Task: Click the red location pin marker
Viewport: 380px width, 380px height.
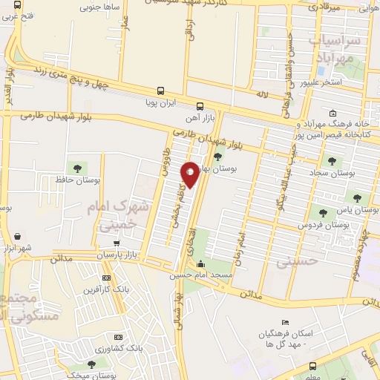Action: click(x=190, y=174)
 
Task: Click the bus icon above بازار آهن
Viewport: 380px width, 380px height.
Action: click(x=200, y=105)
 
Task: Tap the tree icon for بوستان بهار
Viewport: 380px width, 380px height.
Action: click(x=217, y=156)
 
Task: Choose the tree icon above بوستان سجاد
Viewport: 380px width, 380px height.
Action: click(x=331, y=160)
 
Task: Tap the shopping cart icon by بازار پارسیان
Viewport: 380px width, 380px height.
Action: click(x=116, y=243)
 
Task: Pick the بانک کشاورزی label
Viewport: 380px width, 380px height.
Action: click(x=119, y=347)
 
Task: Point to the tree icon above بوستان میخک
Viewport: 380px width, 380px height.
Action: click(x=91, y=364)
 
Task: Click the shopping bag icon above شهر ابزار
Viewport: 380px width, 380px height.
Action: click(x=16, y=236)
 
